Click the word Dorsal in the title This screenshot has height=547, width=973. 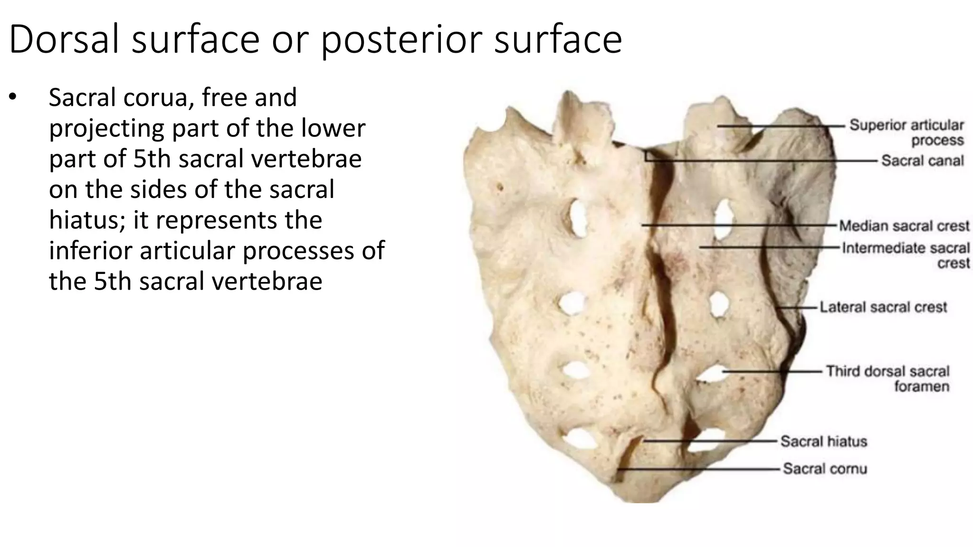[64, 39]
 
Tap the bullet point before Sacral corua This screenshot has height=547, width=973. [12, 97]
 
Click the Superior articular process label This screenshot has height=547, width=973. [906, 132]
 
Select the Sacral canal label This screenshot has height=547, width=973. [922, 160]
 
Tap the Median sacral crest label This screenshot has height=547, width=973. [904, 226]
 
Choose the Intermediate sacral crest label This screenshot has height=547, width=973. [906, 255]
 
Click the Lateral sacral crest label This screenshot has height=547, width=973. [883, 307]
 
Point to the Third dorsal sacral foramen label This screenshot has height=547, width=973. [887, 378]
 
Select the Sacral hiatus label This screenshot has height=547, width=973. [823, 441]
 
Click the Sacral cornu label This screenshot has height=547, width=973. [825, 469]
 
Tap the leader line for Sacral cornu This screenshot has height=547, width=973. [698, 469]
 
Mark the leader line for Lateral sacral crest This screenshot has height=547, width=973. [798, 308]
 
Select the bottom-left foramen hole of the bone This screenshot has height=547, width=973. [580, 438]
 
